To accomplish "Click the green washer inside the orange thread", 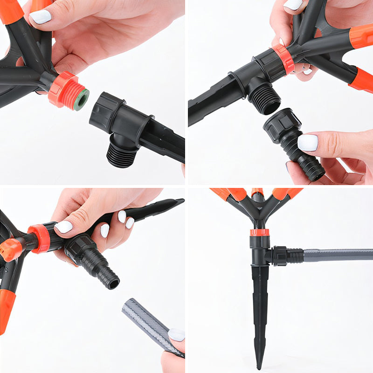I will [81, 99].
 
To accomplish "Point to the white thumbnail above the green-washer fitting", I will [41, 17].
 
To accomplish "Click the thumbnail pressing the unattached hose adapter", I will [308, 142].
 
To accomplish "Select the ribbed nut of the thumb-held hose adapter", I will [283, 125].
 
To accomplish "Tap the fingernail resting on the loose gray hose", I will [176, 335].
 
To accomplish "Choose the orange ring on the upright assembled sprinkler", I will [260, 232].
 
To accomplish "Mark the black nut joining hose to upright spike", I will [279, 256].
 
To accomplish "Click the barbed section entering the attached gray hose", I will [296, 256].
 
